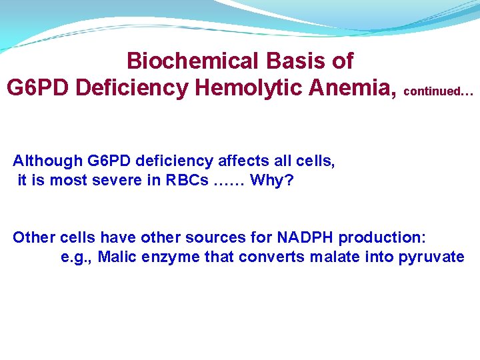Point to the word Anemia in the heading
(359, 88)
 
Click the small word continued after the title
(439, 91)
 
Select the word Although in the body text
(47, 161)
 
